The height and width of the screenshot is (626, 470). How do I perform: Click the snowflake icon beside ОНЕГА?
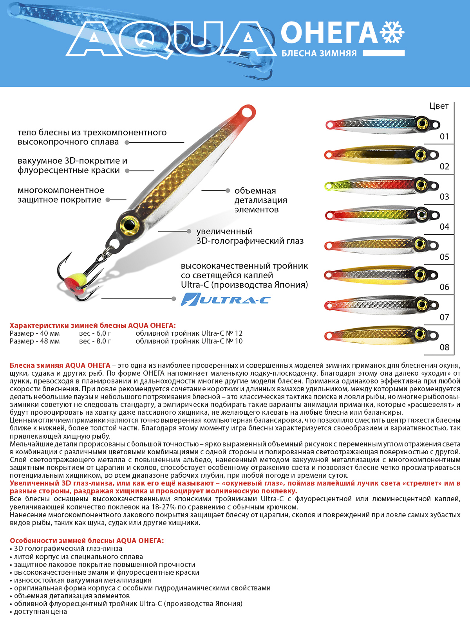pyautogui.click(x=392, y=32)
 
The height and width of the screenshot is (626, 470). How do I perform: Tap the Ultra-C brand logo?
pyautogui.click(x=226, y=299)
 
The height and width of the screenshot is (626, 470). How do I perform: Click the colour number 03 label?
pyautogui.click(x=444, y=196)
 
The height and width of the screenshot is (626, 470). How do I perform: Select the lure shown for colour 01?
pyautogui.click(x=382, y=125)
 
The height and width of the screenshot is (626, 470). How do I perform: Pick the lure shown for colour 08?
pyautogui.click(x=382, y=335)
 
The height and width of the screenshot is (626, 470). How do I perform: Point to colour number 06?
pyautogui.click(x=444, y=287)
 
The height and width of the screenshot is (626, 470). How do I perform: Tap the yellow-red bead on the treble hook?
pyautogui.click(x=72, y=282)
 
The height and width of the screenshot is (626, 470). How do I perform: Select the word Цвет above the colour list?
pyautogui.click(x=439, y=106)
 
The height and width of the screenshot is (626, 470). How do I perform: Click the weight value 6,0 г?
pyautogui.click(x=95, y=333)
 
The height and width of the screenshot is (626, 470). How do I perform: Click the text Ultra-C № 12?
pyautogui.click(x=222, y=333)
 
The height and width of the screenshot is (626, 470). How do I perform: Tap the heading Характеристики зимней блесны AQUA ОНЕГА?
pyautogui.click(x=93, y=325)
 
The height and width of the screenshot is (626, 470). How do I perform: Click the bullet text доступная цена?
pyautogui.click(x=40, y=612)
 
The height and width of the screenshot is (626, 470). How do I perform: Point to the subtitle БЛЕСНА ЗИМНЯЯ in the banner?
pyautogui.click(x=319, y=54)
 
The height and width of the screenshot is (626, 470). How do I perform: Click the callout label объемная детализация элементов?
pyautogui.click(x=260, y=200)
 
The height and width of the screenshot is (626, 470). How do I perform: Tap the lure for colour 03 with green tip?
pyautogui.click(x=382, y=185)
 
